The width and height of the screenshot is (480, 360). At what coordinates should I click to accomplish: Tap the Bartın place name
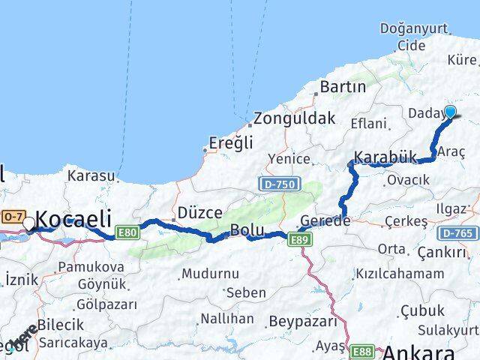click(342, 87)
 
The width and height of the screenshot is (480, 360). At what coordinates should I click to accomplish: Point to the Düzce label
click(199, 212)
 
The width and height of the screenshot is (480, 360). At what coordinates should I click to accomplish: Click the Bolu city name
click(247, 230)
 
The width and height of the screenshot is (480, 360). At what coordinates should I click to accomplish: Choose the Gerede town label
click(325, 221)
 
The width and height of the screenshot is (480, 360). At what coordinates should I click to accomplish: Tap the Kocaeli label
click(73, 219)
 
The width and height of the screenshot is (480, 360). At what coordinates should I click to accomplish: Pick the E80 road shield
click(128, 232)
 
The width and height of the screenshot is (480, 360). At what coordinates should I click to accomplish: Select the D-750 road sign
click(280, 183)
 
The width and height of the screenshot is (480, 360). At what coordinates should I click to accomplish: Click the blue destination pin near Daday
click(450, 112)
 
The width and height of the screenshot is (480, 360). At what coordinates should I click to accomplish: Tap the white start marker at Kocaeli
click(28, 223)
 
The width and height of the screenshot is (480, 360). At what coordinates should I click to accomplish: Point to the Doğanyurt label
click(413, 28)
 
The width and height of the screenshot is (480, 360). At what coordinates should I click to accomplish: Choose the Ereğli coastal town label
click(231, 142)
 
